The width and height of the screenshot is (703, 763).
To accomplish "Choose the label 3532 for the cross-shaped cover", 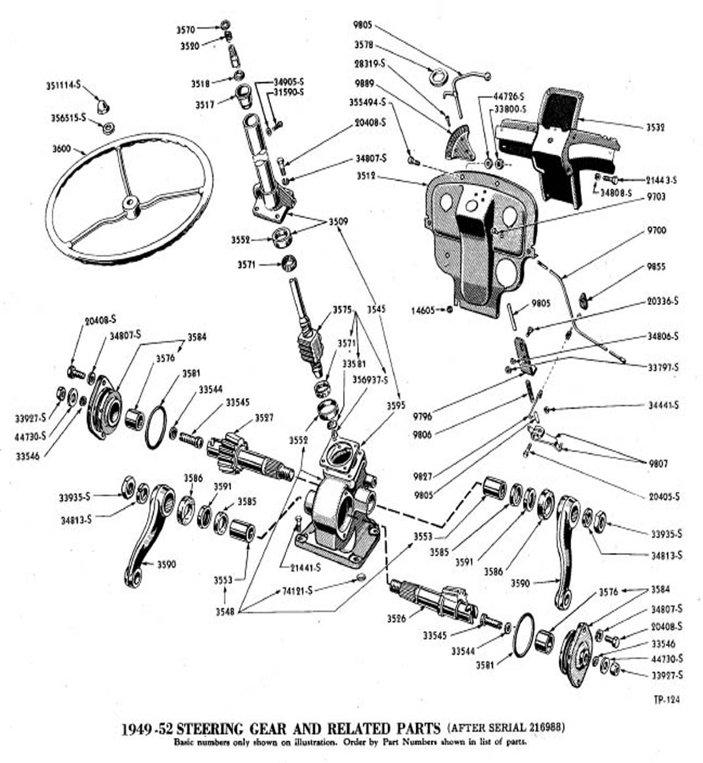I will point(656,127).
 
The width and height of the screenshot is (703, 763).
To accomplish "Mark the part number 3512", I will point(366,176).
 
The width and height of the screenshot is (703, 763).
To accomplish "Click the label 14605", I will point(424,310).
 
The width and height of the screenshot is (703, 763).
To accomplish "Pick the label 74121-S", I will point(297,590).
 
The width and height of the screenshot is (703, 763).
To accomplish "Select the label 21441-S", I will point(305,567).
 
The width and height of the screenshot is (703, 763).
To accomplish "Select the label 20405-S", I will point(664,497).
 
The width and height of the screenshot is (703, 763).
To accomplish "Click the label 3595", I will point(396,406).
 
